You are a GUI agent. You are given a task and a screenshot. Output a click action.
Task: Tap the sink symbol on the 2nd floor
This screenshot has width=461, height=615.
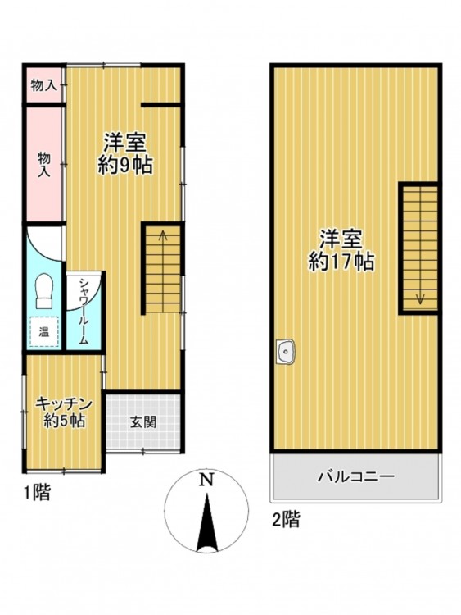point(286,351)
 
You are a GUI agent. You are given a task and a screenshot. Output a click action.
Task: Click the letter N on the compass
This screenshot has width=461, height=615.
point(206,480)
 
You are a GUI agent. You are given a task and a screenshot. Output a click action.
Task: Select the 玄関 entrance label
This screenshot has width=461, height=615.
point(143,422)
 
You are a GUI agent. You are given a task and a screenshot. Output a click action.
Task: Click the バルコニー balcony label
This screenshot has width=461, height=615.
point(356,477)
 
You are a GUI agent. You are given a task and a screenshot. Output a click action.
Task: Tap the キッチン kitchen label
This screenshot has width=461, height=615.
point(64,404)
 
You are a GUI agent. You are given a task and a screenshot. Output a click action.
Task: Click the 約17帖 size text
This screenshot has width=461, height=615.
point(341,262)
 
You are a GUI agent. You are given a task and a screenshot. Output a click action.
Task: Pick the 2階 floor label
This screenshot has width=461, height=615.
point(287,520)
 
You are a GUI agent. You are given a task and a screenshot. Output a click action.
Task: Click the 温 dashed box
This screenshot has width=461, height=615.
point(44,332)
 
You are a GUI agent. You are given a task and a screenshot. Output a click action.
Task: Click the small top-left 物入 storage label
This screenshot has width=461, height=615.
point(44,85)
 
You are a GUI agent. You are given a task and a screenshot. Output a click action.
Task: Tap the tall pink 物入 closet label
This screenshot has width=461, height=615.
point(44,164)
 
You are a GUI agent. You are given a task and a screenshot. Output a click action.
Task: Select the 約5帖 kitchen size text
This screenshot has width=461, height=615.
point(64,421)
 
